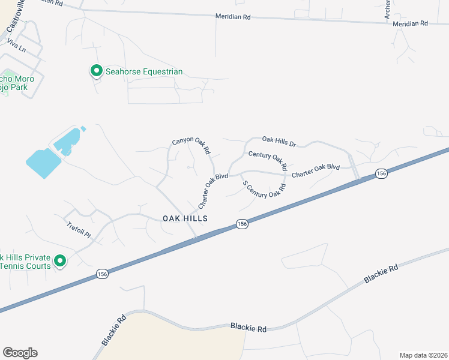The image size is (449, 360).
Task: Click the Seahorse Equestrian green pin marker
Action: (x=96, y=71)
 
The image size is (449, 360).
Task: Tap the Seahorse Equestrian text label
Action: (x=144, y=72)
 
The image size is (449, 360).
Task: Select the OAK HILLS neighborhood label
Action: (x=185, y=219)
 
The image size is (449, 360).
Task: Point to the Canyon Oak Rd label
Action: (x=190, y=144)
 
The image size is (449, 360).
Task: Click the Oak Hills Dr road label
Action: (x=279, y=142)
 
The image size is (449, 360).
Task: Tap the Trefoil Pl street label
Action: (x=78, y=229)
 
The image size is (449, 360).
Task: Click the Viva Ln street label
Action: (x=17, y=45)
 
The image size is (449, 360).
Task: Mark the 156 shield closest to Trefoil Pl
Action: (x=103, y=274)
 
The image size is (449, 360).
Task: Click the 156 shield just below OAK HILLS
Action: (x=241, y=224)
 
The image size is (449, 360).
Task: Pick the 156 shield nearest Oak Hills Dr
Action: (x=381, y=173)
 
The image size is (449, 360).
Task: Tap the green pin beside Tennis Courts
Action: (x=60, y=261)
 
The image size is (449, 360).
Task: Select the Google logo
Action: (x=20, y=353)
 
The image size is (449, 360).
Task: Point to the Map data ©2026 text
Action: (x=423, y=355)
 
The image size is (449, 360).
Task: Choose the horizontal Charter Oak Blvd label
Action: (x=316, y=170)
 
